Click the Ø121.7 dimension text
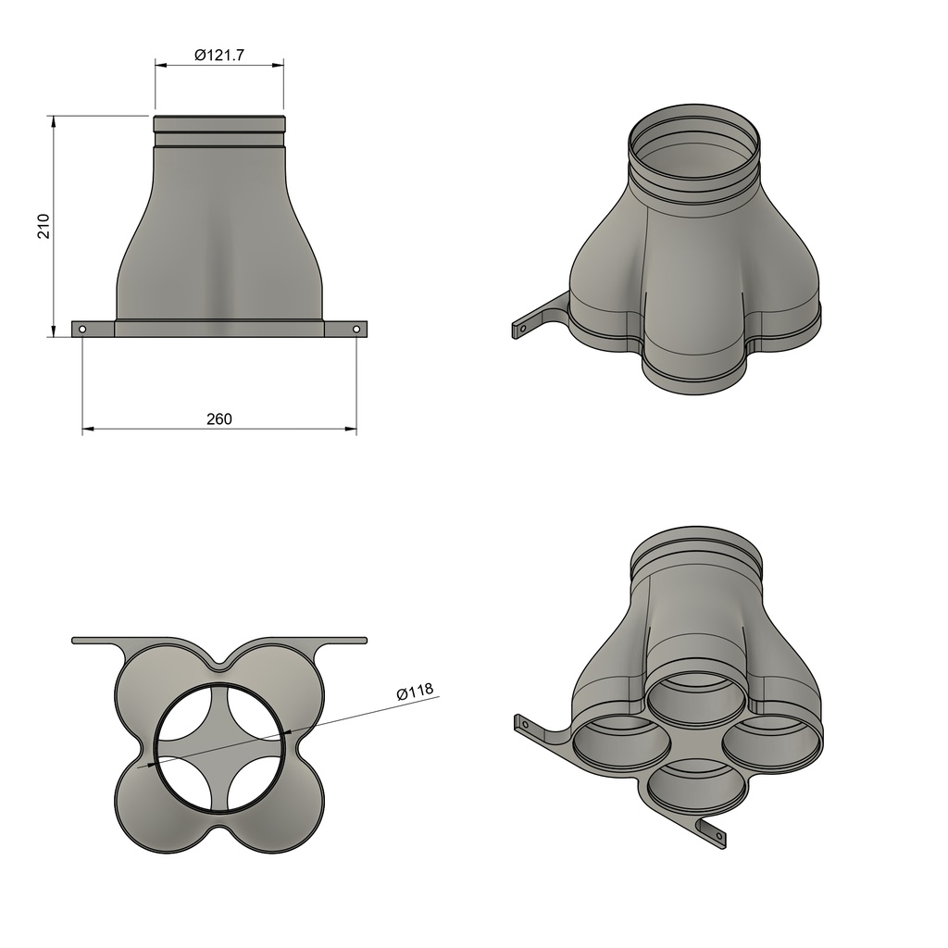[218, 56]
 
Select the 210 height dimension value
[44, 227]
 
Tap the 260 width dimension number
[218, 419]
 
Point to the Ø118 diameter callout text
[415, 692]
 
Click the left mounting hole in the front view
[82, 329]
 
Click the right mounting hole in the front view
[356, 329]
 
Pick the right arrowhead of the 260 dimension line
[351, 430]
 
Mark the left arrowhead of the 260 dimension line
[89, 430]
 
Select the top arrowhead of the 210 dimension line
[54, 121]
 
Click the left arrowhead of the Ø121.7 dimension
[160, 66]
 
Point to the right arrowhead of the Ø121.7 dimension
[278, 66]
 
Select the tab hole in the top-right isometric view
[522, 328]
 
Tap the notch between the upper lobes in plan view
[219, 664]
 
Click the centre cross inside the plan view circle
[219, 749]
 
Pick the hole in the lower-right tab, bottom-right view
[717, 837]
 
